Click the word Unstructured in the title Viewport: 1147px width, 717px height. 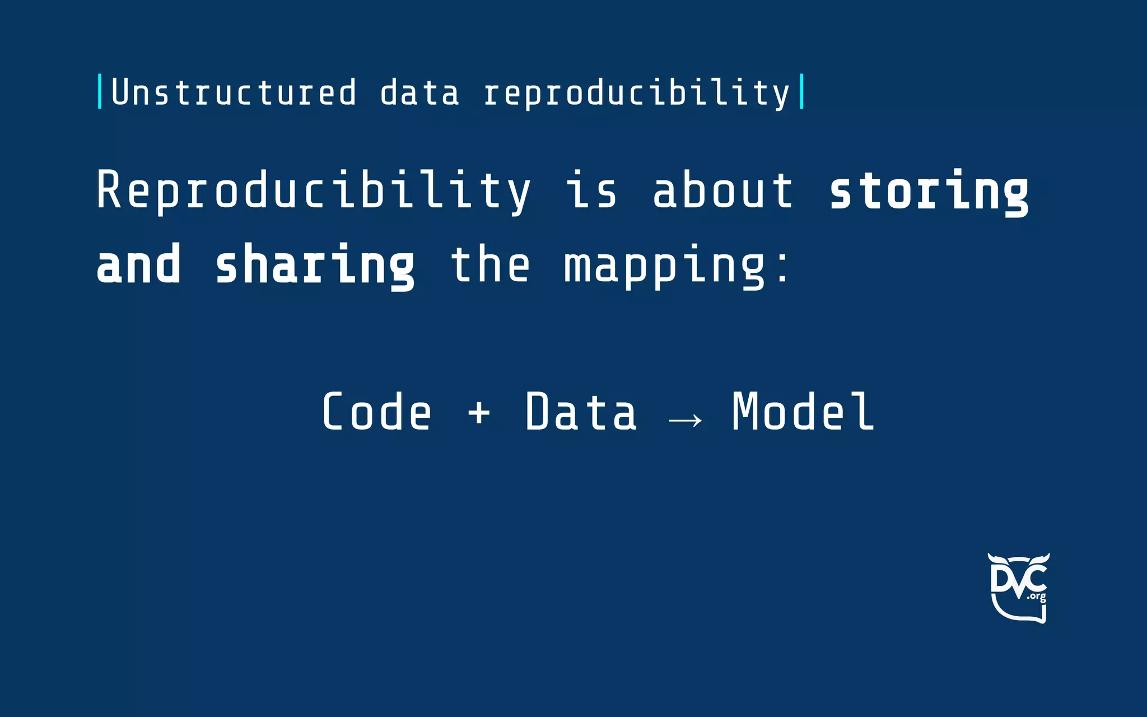(x=234, y=92)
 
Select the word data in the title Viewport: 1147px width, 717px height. (x=419, y=93)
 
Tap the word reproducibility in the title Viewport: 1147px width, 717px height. (x=637, y=93)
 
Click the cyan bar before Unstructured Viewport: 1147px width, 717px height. (x=100, y=91)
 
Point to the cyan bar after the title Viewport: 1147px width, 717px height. (x=802, y=91)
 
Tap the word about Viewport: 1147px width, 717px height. (x=723, y=190)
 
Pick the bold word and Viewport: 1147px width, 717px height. (x=139, y=265)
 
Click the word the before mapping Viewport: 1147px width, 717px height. (x=490, y=264)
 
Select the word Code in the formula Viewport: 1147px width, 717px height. (x=377, y=412)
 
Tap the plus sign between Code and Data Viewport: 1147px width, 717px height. (x=479, y=414)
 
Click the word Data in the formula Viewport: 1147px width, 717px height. (x=581, y=412)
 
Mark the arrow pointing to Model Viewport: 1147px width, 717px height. (x=686, y=420)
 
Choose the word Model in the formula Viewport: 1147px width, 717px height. (x=803, y=412)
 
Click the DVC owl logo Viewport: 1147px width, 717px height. (x=1018, y=588)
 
